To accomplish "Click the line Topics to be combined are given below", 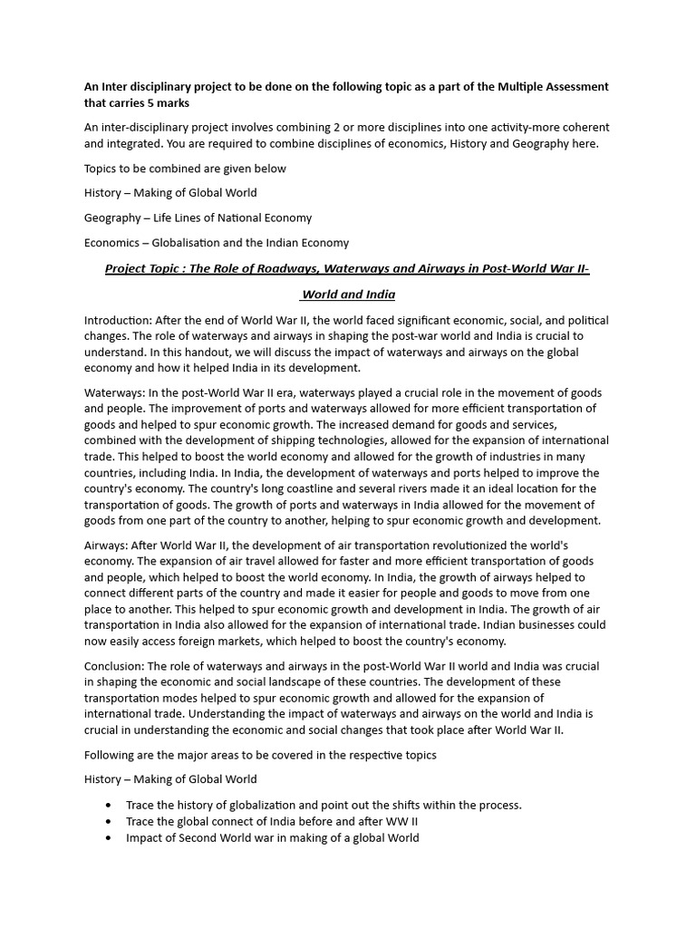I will coord(185,169).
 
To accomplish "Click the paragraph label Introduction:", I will coord(118,321).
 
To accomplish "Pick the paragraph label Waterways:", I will coord(113,393).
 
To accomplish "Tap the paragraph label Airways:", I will coord(106,546).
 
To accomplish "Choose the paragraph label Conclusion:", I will coord(115,666).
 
